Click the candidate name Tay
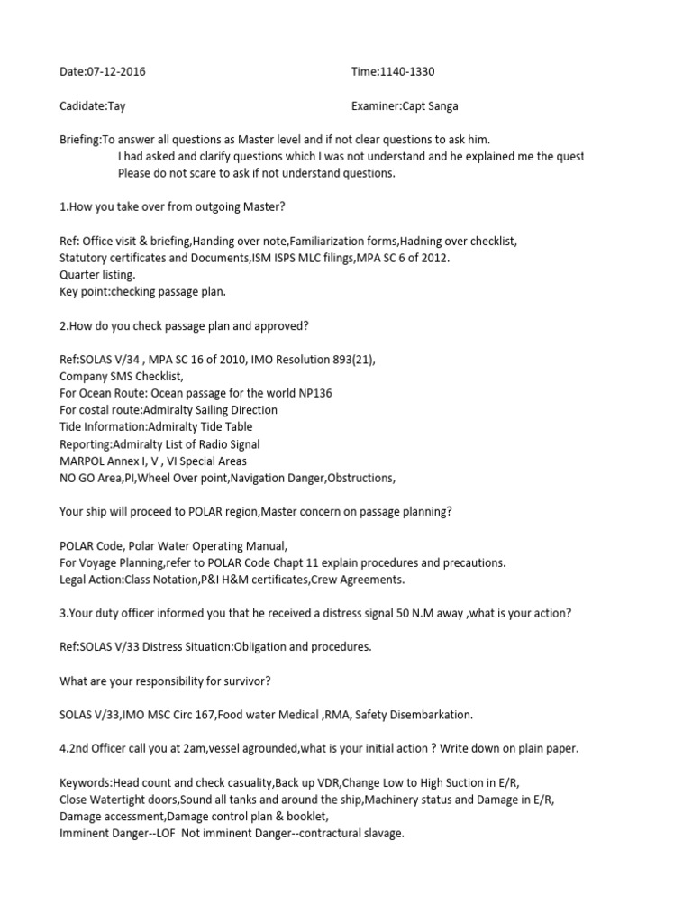[116, 105]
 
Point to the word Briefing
[79, 140]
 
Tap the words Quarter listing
[97, 275]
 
